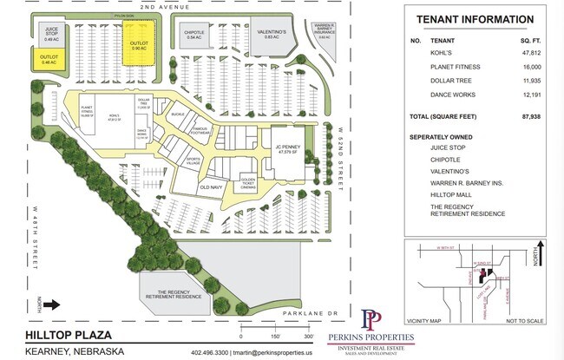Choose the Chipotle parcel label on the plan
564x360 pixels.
click(x=194, y=35)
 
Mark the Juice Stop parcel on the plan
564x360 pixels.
click(x=51, y=34)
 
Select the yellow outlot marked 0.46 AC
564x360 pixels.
click(x=49, y=59)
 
